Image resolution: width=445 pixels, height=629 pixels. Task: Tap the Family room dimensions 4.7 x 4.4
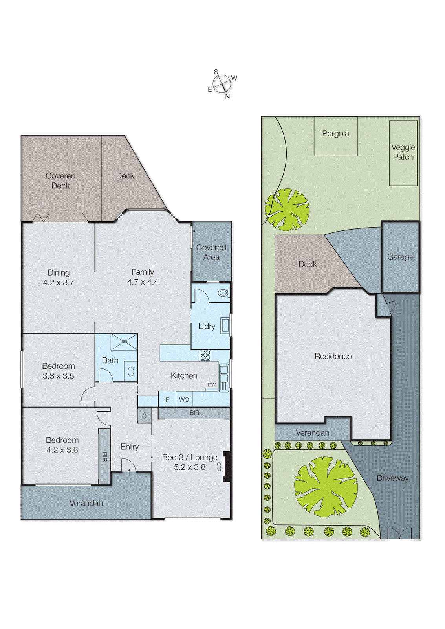point(143,282)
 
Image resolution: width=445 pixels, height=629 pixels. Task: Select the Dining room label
point(59,272)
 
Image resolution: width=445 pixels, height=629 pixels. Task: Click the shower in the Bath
point(124,342)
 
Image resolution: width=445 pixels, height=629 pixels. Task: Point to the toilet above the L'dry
point(223,293)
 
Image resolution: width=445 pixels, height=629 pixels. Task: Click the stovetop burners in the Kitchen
point(205,355)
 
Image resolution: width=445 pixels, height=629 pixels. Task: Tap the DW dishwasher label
point(212,385)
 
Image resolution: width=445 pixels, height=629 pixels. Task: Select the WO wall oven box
point(184,399)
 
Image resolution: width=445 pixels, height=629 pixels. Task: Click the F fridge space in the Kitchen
point(167,399)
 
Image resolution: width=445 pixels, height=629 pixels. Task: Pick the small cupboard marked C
point(144,416)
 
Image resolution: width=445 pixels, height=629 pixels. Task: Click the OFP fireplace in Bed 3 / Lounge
point(227,466)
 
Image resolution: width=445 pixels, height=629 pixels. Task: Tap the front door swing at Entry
point(129,465)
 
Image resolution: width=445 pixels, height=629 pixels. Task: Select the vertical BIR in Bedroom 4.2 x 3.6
point(104,456)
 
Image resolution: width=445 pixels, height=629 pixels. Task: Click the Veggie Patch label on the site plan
point(403,152)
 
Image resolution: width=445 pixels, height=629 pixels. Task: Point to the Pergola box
point(335,136)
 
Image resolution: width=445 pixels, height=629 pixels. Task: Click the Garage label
point(400,257)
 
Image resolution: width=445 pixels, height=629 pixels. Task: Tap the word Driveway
point(393,478)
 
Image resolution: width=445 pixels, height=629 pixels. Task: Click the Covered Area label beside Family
point(211,252)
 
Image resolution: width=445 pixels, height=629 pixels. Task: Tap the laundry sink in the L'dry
point(225,326)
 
